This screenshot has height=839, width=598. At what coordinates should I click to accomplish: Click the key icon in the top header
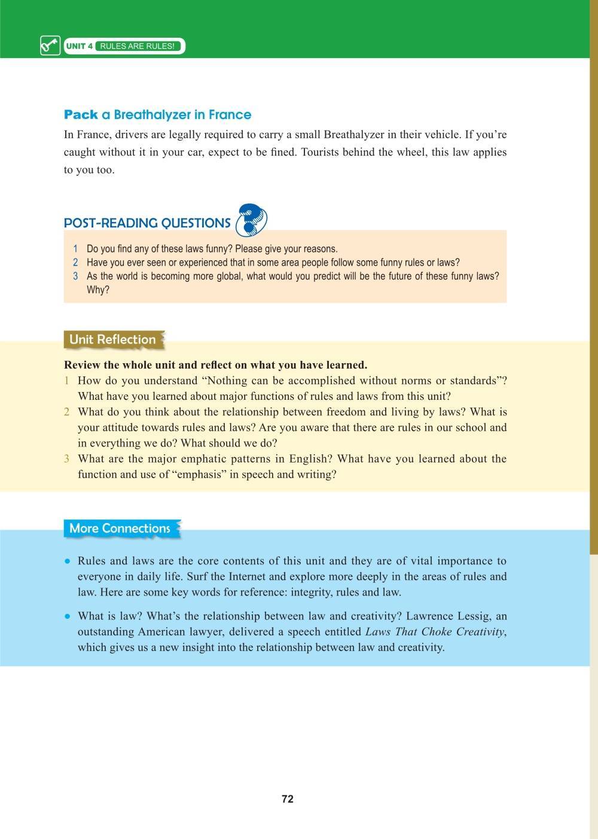[x=50, y=45]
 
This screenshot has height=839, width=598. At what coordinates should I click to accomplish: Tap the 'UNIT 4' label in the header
[x=79, y=46]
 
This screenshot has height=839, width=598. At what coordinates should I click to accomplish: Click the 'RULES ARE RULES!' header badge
[x=138, y=46]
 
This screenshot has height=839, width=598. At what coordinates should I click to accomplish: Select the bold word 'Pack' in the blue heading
[x=81, y=114]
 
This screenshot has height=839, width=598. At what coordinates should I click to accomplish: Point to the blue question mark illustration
[x=251, y=220]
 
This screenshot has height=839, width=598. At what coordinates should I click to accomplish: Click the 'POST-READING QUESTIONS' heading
[x=147, y=223]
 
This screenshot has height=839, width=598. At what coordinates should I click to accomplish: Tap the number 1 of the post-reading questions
[x=75, y=249]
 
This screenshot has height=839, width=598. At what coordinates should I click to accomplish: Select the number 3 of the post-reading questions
[x=75, y=276]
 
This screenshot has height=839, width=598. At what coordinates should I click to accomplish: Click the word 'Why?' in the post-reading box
[x=98, y=290]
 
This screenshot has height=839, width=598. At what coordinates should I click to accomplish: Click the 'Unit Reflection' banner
[x=112, y=339]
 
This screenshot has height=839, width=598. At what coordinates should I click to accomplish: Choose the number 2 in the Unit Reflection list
[x=67, y=412]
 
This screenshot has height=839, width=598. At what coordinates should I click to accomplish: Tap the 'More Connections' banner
[x=120, y=528]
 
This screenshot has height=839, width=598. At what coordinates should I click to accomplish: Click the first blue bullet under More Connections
[x=68, y=561]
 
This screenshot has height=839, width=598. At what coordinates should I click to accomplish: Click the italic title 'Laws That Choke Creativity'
[x=435, y=632]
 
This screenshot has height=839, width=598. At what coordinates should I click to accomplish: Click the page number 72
[x=287, y=799]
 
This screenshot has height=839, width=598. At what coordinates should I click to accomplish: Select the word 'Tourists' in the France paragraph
[x=322, y=152]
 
